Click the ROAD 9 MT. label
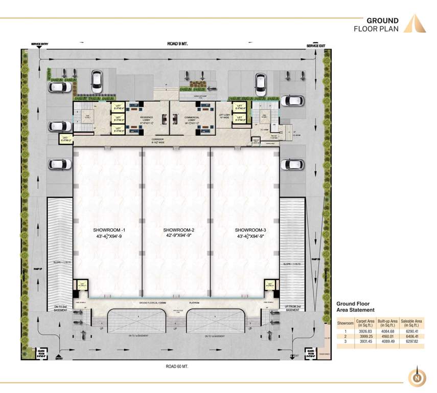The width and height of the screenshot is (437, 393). [177, 45]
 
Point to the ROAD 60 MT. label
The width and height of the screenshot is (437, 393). [178, 366]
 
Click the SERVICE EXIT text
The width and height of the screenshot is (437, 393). [315, 46]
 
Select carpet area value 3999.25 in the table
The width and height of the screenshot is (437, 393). [364, 336]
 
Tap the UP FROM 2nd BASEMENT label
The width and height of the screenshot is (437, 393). [292, 309]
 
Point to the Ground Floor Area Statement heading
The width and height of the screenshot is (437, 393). [355, 307]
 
